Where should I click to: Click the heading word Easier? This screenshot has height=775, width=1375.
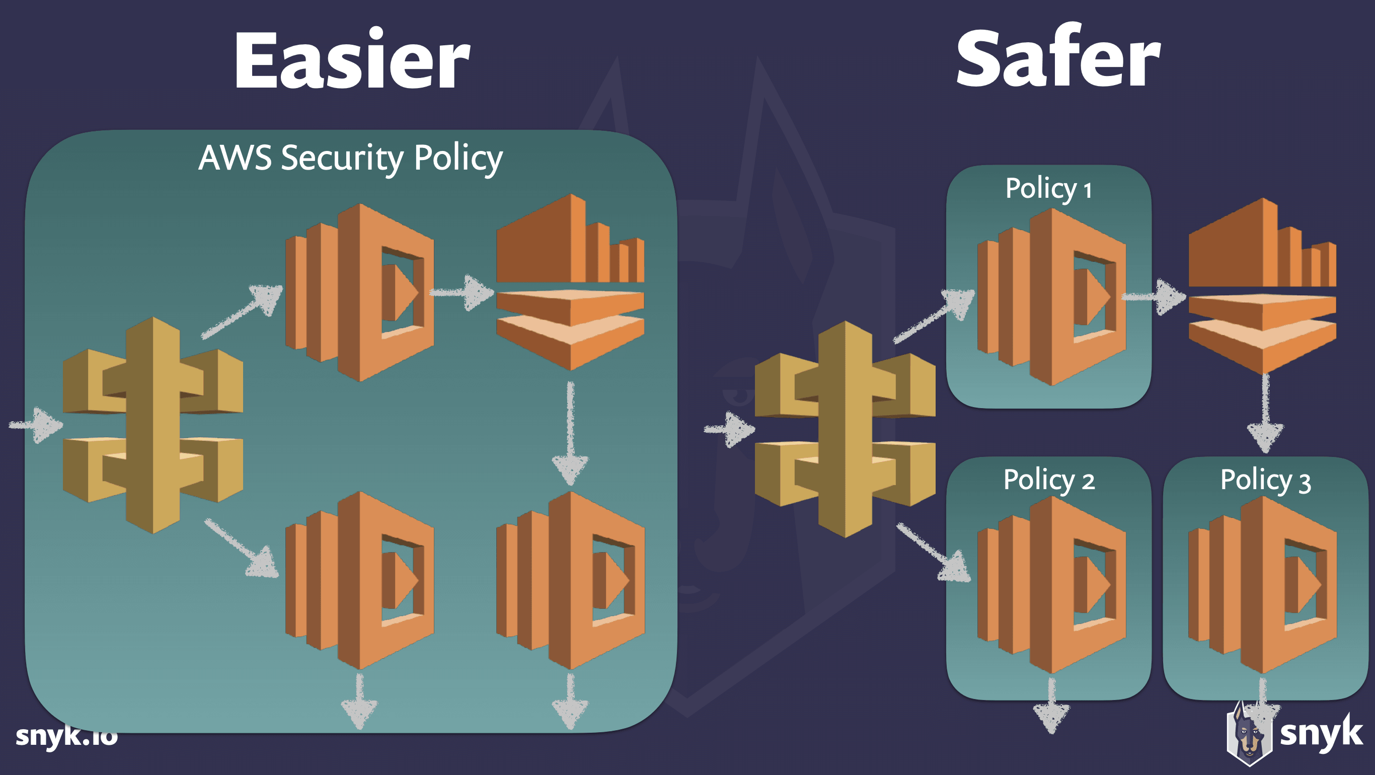point(352,59)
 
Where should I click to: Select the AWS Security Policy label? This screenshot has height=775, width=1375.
point(350,158)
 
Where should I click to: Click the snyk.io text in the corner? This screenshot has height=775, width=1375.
point(66,736)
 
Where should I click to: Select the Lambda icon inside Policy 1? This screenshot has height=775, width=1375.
point(1051,297)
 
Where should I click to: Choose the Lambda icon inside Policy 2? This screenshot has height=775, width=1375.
point(1051,585)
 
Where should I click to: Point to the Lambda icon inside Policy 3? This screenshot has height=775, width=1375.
point(1262,585)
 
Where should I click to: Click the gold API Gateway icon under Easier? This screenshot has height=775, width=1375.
point(153,425)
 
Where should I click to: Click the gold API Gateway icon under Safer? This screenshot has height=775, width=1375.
point(845,429)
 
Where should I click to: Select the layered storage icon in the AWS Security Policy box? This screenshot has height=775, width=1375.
point(570,282)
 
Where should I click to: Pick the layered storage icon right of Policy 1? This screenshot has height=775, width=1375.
point(1262,285)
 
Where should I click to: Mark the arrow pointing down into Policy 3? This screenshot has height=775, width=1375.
point(1265,414)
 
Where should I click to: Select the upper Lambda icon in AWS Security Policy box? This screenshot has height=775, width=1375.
point(359,292)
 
